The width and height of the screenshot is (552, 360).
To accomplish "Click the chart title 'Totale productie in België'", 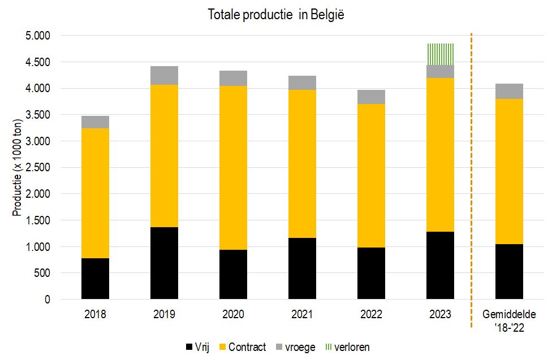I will click(276, 15).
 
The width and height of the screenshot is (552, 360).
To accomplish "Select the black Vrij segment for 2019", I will click(164, 263).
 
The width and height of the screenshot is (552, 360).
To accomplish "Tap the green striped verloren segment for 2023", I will click(440, 54).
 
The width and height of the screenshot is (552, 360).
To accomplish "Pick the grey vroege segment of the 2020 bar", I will click(233, 79).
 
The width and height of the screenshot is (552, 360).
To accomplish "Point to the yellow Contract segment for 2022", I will click(371, 176).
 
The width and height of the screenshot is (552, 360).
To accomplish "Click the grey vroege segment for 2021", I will click(302, 83).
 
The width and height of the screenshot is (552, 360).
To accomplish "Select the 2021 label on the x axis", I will click(302, 314).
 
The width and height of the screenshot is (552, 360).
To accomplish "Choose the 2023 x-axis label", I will click(440, 314).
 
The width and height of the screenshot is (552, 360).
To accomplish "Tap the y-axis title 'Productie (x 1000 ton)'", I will click(18, 168).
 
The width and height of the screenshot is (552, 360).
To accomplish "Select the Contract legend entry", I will click(243, 346).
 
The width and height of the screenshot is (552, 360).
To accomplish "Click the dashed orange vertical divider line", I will click(471, 181).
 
